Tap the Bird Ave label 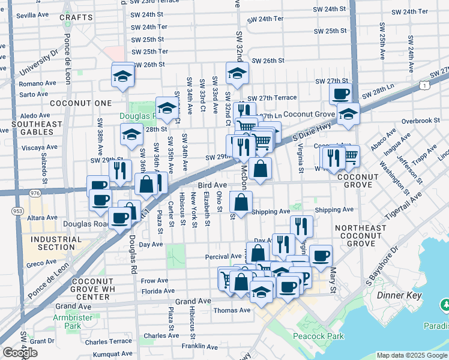click(x=212, y=185)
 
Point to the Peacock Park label click(x=319, y=337)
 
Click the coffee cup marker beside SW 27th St click(x=340, y=93)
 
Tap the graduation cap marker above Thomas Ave click(x=262, y=292)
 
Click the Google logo click(x=20, y=353)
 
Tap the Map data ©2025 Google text click(x=411, y=355)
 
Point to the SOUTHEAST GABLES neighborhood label click(x=36, y=128)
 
